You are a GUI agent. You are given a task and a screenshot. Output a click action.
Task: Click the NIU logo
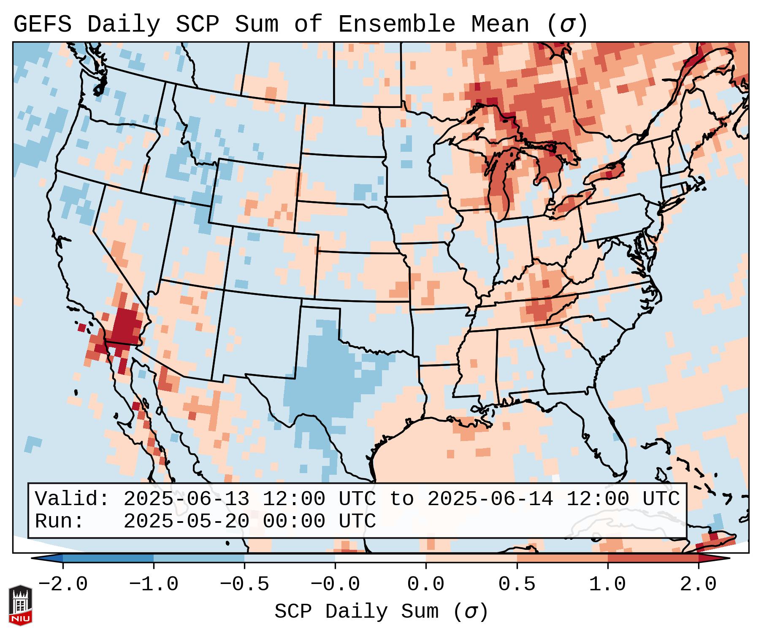click(20, 605)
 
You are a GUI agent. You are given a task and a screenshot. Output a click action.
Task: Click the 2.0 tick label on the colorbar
click(698, 584)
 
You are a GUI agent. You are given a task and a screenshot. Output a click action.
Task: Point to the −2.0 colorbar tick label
click(63, 584)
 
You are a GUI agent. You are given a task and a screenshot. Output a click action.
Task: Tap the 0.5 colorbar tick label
click(517, 584)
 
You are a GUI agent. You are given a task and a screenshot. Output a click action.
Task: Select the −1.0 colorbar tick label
click(154, 584)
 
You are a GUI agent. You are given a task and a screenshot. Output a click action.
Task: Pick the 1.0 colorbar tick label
click(607, 584)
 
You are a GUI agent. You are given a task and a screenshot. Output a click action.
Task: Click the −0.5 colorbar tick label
click(244, 584)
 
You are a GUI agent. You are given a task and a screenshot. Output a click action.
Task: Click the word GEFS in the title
click(42, 24)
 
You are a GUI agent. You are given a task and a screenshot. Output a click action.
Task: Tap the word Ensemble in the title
click(396, 24)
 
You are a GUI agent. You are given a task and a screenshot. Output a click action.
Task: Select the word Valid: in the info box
click(72, 499)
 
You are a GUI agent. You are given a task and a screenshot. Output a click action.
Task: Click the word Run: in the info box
click(60, 522)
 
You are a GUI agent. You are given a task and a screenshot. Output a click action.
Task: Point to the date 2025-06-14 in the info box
click(490, 499)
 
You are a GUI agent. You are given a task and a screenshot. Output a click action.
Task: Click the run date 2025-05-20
click(186, 522)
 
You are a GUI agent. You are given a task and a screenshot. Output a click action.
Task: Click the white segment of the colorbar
click(380, 558)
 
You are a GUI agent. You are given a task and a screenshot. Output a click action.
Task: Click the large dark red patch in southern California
click(125, 327)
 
